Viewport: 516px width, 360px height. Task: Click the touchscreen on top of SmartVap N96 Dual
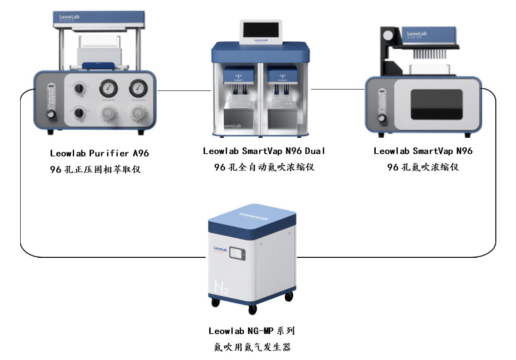point(261,31)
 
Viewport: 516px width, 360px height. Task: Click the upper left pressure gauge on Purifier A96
point(108,87)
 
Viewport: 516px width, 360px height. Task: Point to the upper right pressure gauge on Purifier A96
point(137,87)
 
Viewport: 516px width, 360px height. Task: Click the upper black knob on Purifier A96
point(79,88)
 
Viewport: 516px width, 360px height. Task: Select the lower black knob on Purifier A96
point(79,112)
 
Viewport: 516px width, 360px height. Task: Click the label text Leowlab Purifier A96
point(99,153)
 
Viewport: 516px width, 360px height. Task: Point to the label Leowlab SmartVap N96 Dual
point(264,151)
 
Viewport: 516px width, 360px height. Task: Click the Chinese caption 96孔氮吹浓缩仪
point(423,167)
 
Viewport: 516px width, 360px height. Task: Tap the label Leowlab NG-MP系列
point(251,331)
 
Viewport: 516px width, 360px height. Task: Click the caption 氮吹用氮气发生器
point(251,347)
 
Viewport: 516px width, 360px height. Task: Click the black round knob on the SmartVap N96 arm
point(388,35)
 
